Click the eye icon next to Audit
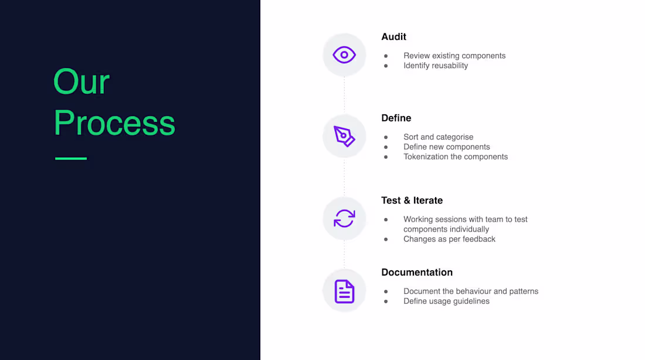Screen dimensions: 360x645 pyautogui.click(x=344, y=55)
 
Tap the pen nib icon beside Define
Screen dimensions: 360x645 pyautogui.click(x=344, y=136)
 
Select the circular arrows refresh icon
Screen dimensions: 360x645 pyautogui.click(x=344, y=219)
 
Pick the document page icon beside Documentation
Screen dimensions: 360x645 pyautogui.click(x=344, y=291)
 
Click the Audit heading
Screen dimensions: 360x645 pyautogui.click(x=393, y=37)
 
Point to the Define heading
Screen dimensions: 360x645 pyautogui.click(x=396, y=118)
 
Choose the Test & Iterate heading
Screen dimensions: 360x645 pyautogui.click(x=412, y=201)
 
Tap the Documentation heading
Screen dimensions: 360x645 pyautogui.click(x=416, y=273)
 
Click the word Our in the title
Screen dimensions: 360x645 pyautogui.click(x=81, y=82)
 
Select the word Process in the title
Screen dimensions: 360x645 pyautogui.click(x=114, y=123)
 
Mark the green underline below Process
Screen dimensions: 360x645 pyautogui.click(x=71, y=158)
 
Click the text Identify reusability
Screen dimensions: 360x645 pyautogui.click(x=435, y=66)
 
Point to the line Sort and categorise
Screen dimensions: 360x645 pyautogui.click(x=438, y=137)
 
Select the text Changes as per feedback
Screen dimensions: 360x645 pyautogui.click(x=449, y=239)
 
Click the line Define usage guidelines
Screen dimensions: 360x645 pyautogui.click(x=446, y=301)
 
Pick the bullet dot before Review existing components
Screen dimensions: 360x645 pyautogui.click(x=386, y=56)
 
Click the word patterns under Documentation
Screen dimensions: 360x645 pyautogui.click(x=524, y=291)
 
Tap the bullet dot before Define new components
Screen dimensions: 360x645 pyautogui.click(x=386, y=147)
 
